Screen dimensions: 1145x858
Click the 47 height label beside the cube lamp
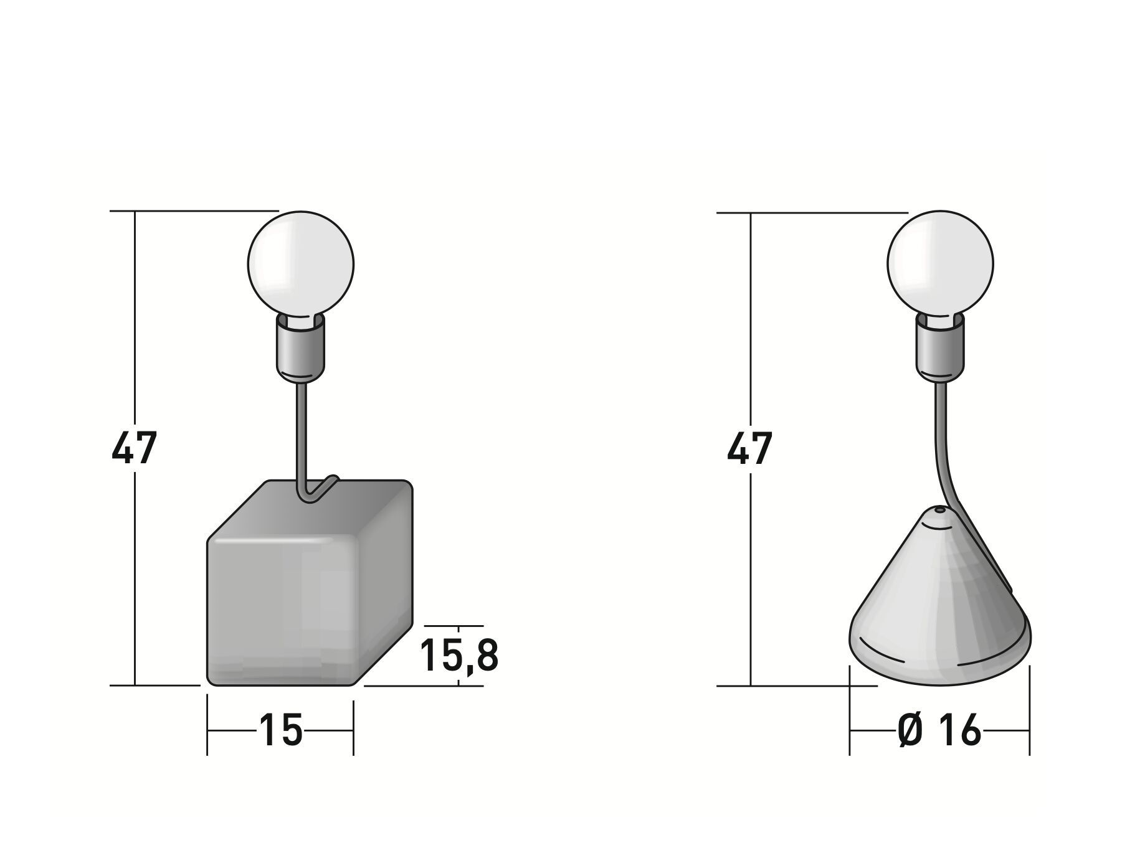tap(133, 447)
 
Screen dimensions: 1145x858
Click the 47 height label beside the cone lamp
tap(749, 447)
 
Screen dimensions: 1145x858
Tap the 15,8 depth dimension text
tap(459, 654)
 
